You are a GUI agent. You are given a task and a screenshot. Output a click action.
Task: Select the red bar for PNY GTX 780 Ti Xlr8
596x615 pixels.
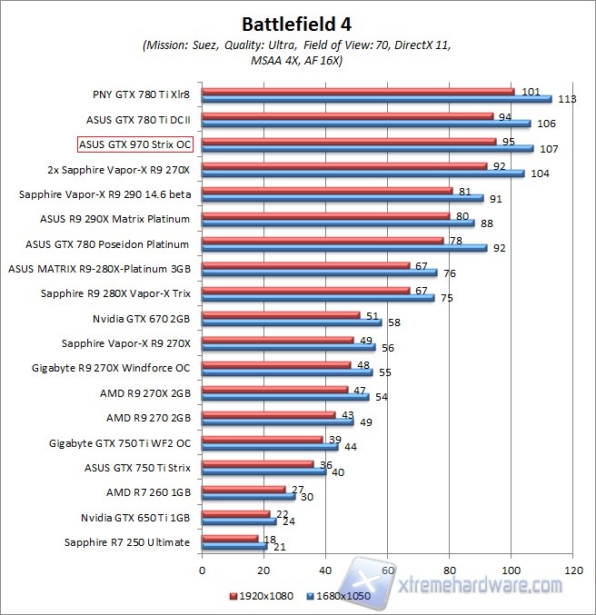[358, 92]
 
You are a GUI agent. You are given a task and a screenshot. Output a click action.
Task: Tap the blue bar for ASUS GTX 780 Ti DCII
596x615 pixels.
[365, 124]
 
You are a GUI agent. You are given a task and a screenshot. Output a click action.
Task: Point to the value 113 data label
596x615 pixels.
[568, 99]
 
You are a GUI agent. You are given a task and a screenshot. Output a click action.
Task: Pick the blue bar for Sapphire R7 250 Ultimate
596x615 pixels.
[233, 548]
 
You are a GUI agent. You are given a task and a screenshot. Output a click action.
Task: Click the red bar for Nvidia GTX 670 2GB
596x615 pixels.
[281, 315]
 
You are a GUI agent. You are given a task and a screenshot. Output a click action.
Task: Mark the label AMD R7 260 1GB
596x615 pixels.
[148, 492]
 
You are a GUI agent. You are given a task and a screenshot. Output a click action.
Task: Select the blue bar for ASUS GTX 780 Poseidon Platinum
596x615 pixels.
[344, 247]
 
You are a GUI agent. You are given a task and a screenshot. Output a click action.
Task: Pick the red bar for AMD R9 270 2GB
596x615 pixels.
[268, 415]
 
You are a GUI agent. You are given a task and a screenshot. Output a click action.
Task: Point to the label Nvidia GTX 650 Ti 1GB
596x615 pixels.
[135, 517]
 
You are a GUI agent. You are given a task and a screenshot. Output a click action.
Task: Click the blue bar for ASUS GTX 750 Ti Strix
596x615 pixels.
[263, 471]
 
